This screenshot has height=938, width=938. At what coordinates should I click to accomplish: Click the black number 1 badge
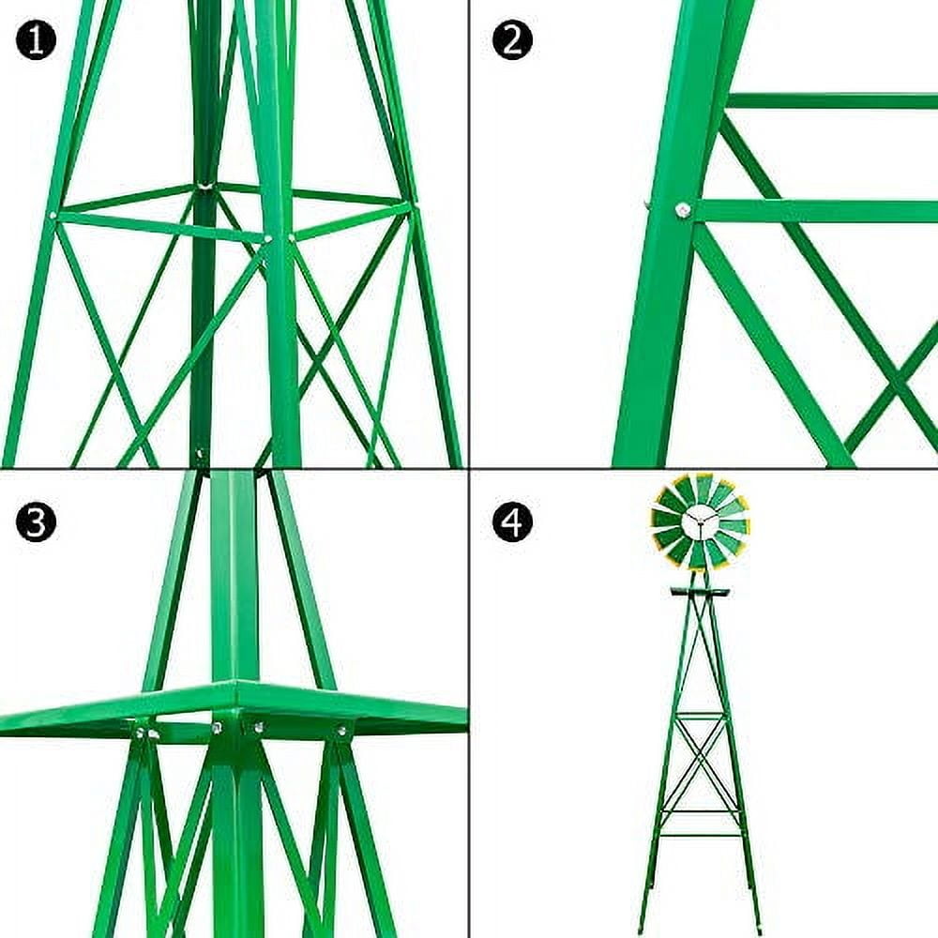pyautogui.click(x=36, y=40)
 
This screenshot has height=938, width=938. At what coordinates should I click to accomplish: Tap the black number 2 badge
pyautogui.click(x=512, y=40)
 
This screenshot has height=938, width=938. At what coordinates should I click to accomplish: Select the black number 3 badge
pyautogui.click(x=36, y=522)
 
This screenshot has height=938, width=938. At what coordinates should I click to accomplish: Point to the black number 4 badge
pyautogui.click(x=512, y=522)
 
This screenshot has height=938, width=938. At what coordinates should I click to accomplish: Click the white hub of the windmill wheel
pyautogui.click(x=700, y=522)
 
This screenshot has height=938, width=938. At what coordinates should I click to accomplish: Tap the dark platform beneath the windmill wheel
pyautogui.click(x=700, y=592)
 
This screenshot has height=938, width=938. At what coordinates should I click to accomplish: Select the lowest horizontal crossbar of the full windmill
pyautogui.click(x=700, y=834)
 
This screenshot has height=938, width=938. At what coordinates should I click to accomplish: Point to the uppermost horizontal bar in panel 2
pyautogui.click(x=831, y=100)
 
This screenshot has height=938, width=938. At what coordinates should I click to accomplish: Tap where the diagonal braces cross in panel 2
pyautogui.click(x=897, y=385)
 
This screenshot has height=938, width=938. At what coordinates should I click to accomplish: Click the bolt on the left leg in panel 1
pyautogui.click(x=53, y=216)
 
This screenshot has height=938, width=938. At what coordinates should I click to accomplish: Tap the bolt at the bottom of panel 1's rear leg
pyautogui.click(x=199, y=457)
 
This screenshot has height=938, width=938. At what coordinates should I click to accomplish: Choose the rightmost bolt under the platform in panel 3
pyautogui.click(x=341, y=729)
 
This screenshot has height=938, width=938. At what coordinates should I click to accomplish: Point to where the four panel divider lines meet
pyautogui.click(x=469, y=468)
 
